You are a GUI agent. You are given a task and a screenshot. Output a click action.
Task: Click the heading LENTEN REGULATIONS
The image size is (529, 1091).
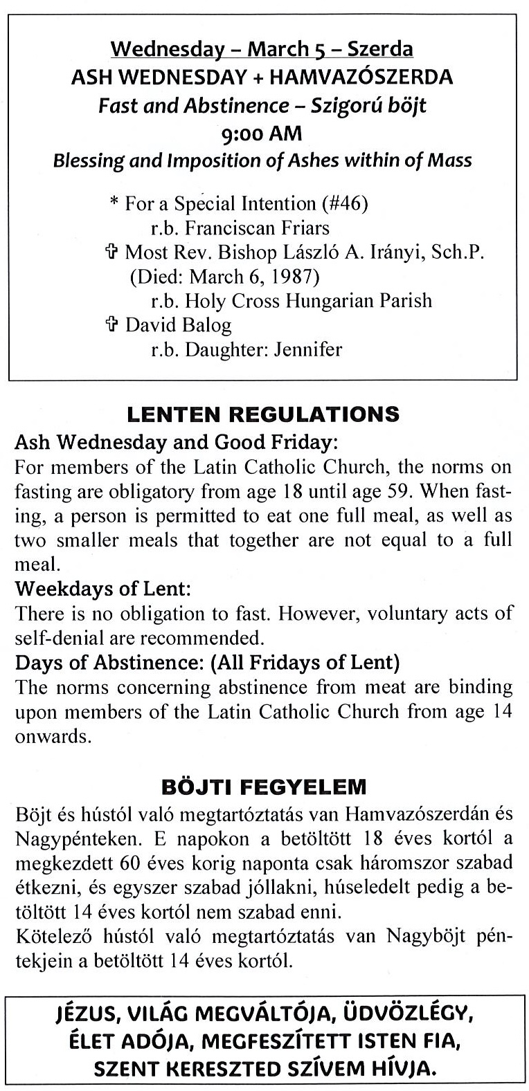point(264,414)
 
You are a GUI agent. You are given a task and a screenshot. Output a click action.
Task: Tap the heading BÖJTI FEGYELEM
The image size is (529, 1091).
point(263,787)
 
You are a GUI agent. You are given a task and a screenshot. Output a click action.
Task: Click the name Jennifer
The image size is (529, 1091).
point(308,349)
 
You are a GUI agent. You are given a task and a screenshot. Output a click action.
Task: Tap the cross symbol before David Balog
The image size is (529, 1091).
point(115,325)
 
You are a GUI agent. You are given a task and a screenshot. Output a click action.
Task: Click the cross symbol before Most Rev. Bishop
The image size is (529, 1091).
point(115,253)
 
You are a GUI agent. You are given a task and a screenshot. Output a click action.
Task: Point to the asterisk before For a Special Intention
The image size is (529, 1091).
point(114,204)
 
